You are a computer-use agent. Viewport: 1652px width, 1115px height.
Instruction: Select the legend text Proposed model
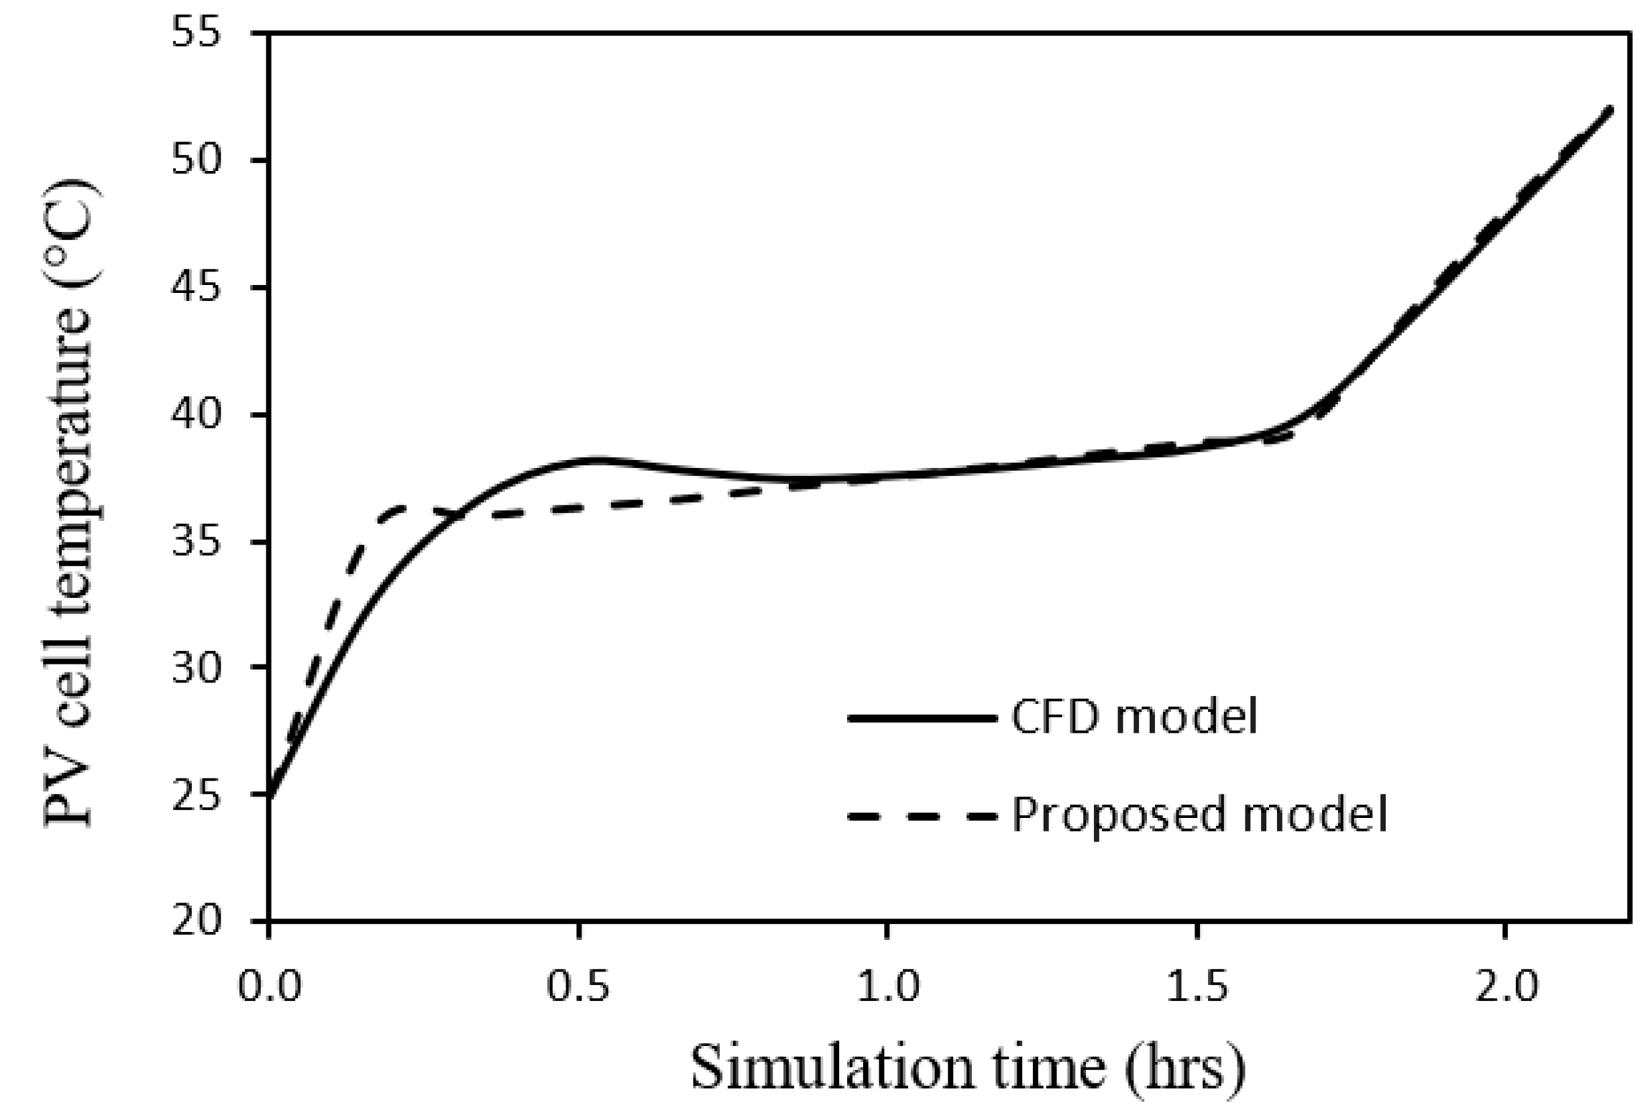point(1199,815)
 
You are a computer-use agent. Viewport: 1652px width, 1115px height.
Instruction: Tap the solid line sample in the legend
point(920,719)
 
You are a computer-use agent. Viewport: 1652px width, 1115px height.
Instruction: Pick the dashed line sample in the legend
point(920,817)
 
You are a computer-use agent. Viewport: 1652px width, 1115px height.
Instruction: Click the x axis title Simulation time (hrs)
point(968,1068)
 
